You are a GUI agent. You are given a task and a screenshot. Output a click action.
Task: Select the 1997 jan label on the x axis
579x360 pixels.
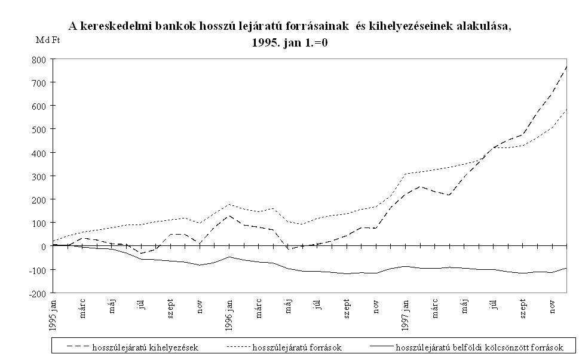point(406,312)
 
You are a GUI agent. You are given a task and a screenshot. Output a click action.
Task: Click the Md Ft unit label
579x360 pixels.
point(48,41)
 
